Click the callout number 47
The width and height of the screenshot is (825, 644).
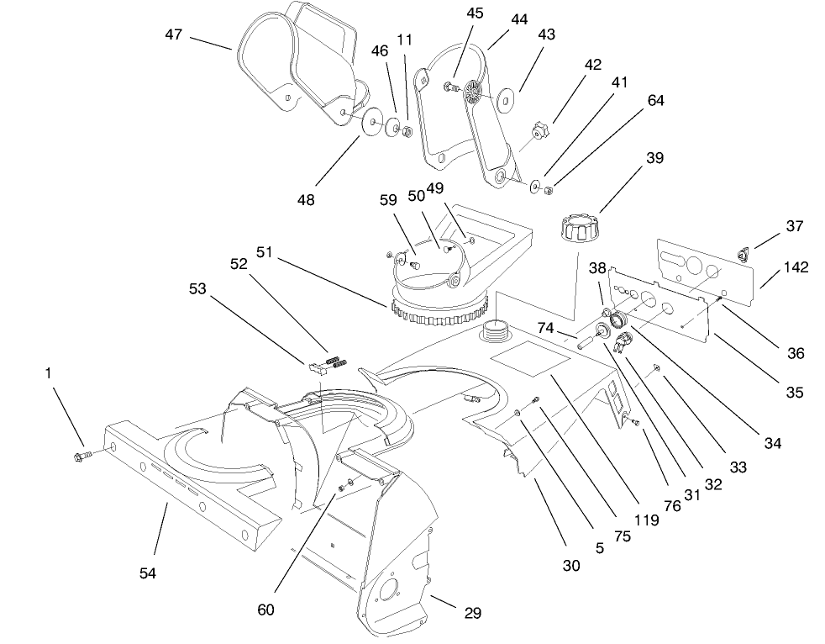(x=174, y=34)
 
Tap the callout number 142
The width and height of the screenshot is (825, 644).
(x=795, y=268)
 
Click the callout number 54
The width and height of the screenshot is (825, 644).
(x=148, y=573)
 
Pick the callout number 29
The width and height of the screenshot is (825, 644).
(x=472, y=613)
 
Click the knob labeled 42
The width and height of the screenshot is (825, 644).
(x=539, y=132)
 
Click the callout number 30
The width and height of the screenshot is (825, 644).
(x=571, y=566)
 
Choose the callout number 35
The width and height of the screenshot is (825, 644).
(x=795, y=392)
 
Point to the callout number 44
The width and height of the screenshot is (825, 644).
(x=519, y=19)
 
